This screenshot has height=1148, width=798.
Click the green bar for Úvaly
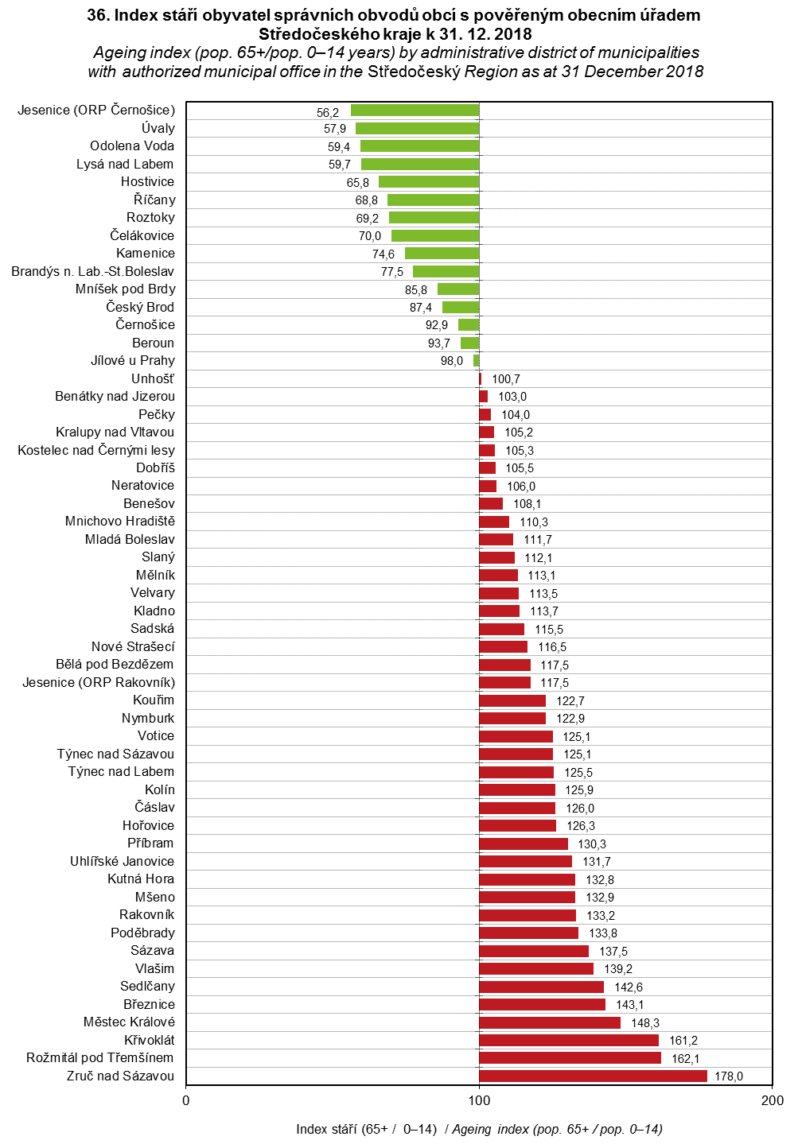(417, 128)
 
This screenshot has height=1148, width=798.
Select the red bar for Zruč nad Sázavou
(593, 1076)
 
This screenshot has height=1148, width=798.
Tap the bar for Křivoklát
(569, 1040)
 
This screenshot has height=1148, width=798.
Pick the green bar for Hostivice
(429, 182)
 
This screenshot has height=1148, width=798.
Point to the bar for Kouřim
(512, 700)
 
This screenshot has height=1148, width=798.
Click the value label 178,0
(729, 1076)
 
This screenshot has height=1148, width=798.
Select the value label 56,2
(328, 113)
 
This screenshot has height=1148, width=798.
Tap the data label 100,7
(506, 379)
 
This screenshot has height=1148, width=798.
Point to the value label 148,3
(645, 1023)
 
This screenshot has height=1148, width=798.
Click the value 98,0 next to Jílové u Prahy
(452, 361)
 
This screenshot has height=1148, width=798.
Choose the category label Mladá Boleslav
(130, 539)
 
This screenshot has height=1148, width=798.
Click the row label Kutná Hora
(141, 878)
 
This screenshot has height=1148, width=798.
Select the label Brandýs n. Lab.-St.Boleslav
(92, 271)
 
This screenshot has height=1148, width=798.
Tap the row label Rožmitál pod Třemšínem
(99, 1057)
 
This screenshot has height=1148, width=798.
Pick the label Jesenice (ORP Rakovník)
(99, 682)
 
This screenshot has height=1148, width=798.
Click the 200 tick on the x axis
(772, 1100)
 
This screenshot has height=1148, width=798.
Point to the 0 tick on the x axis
(186, 1100)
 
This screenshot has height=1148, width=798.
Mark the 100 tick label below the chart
(479, 1100)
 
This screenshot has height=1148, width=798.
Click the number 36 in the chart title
(97, 15)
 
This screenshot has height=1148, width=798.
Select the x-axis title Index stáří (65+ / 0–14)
(366, 1129)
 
